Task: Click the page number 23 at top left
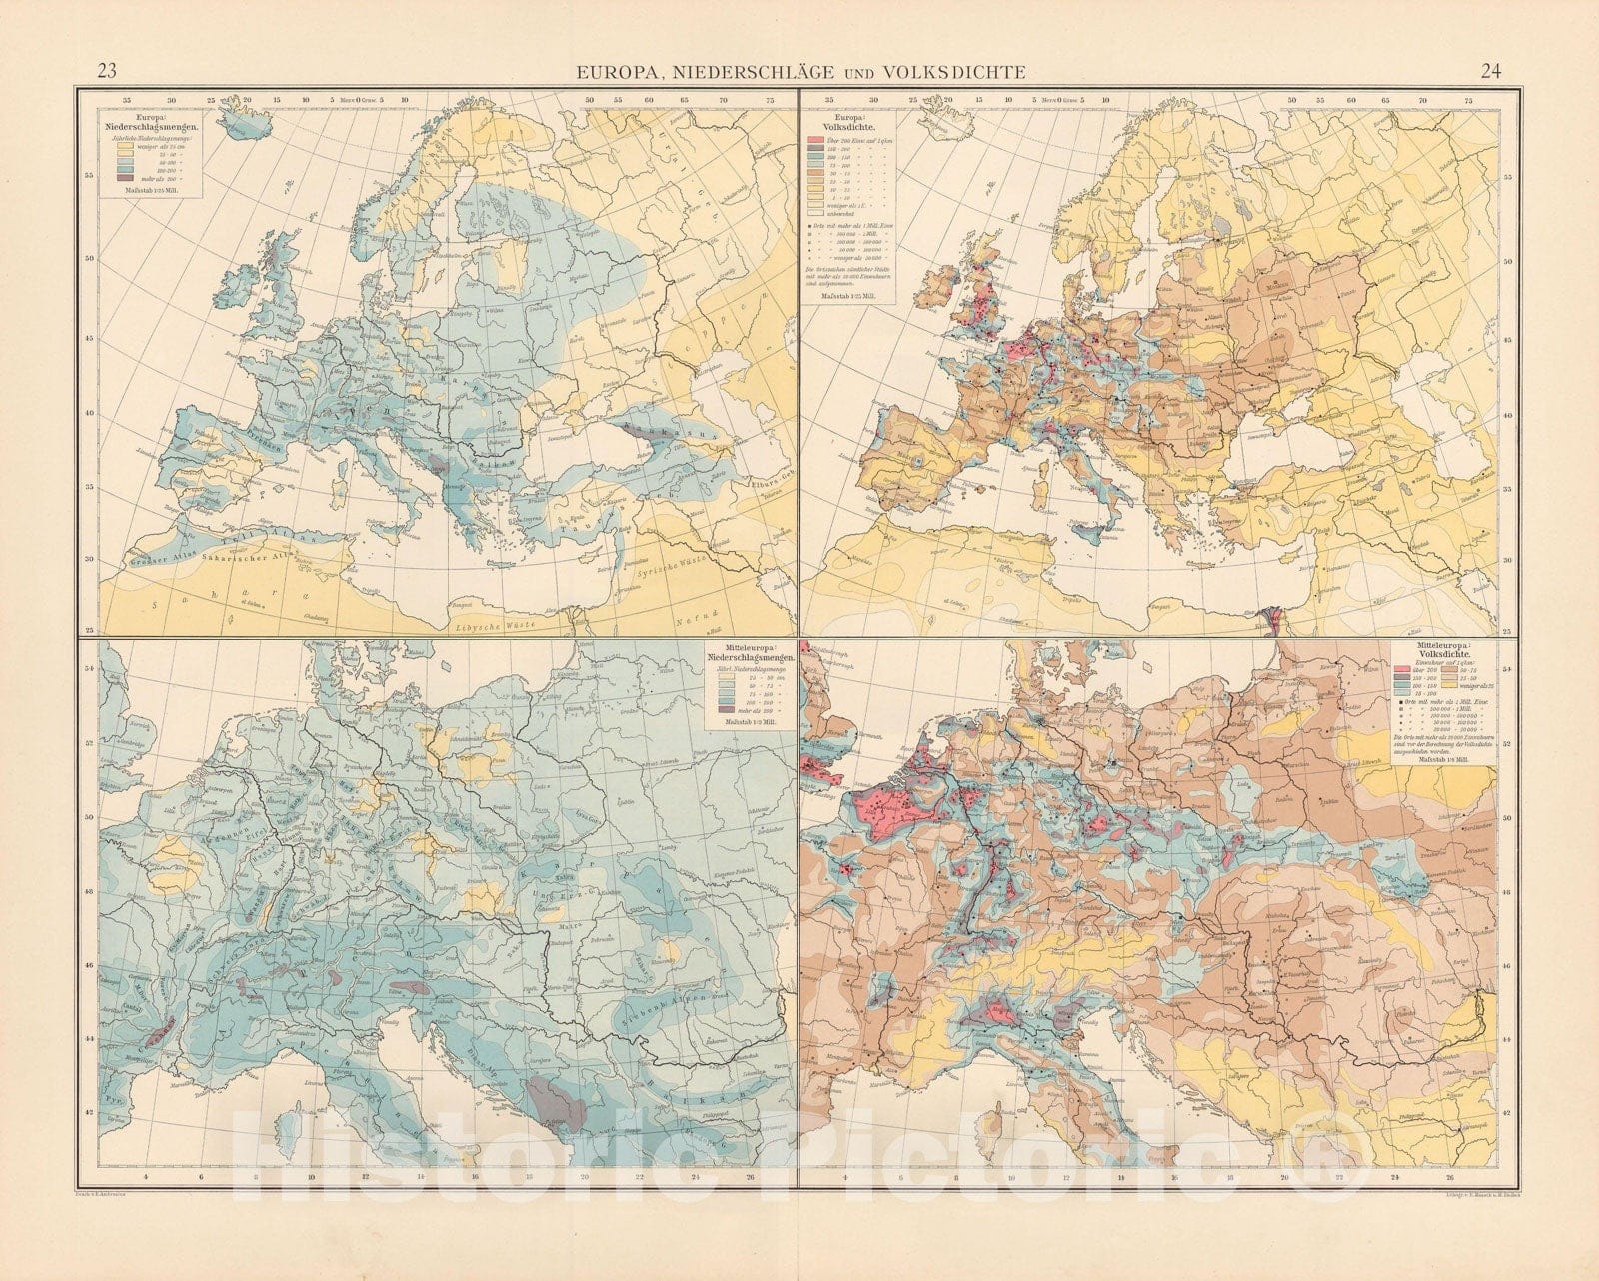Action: (x=107, y=70)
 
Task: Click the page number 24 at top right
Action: (x=1491, y=70)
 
